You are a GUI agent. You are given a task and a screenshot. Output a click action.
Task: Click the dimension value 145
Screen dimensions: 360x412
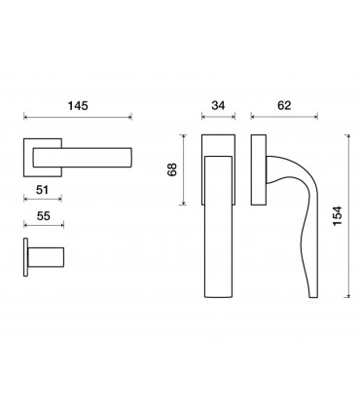[78, 106]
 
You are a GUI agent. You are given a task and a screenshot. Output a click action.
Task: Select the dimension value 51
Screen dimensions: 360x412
[42, 190]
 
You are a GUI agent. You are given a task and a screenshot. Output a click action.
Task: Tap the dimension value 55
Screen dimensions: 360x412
[44, 216]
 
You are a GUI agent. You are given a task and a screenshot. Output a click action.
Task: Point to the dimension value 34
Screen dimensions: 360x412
[218, 105]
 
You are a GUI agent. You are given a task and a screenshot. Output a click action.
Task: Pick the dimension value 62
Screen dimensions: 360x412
[284, 105]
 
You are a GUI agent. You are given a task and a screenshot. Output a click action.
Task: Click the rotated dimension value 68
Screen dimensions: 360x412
[172, 169]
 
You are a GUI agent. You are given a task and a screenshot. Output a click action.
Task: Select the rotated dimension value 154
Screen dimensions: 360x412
[338, 216]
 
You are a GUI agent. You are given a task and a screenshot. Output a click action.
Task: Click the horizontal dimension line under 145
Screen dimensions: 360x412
[78, 117]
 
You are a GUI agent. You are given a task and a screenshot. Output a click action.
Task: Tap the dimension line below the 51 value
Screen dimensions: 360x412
[43, 199]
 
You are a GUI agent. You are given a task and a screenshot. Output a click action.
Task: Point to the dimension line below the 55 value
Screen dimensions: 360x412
[44, 225]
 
